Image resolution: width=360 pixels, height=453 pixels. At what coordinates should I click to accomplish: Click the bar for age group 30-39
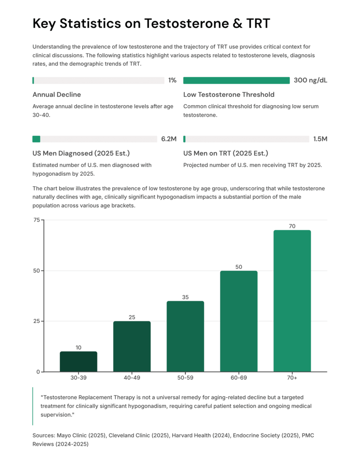tap(78, 361)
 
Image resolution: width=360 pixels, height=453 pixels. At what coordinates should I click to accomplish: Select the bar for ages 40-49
tap(132, 346)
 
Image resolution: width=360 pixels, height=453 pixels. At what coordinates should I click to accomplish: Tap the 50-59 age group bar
tap(185, 336)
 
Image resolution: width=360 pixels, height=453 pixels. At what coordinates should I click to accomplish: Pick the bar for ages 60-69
tap(239, 321)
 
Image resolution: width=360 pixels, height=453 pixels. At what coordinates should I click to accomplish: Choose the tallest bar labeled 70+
tap(292, 301)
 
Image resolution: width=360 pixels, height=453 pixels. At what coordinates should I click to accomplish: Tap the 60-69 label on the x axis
tap(239, 378)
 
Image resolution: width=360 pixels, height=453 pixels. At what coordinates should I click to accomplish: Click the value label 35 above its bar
tap(185, 297)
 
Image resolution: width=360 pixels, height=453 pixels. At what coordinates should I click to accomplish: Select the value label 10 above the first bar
tap(78, 348)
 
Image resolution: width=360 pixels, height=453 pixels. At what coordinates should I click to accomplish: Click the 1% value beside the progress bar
tap(172, 81)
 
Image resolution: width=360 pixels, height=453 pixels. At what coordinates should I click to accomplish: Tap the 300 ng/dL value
tap(310, 81)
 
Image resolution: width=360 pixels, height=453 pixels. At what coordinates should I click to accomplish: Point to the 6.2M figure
tap(169, 139)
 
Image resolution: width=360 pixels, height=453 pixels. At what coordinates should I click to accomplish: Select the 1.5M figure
tap(320, 139)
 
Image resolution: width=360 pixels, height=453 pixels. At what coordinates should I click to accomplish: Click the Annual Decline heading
tap(57, 95)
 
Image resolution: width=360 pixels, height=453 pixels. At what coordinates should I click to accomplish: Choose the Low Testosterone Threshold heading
tap(228, 95)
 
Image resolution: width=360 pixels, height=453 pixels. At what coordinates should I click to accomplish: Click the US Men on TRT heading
tap(225, 154)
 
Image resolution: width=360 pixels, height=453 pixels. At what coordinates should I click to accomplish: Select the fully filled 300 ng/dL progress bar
tap(236, 81)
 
